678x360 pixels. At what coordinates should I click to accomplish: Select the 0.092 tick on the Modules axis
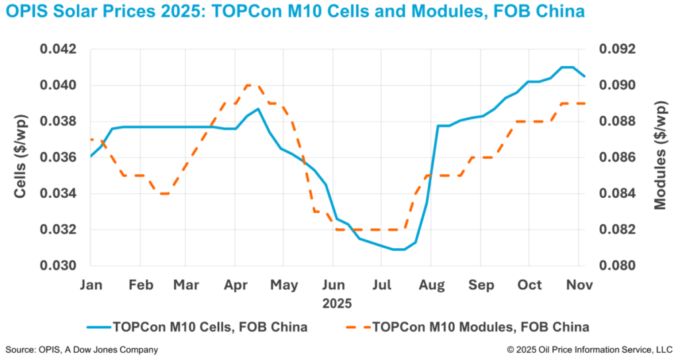pyautogui.click(x=617, y=50)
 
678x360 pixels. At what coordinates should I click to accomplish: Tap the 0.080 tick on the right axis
pyautogui.click(x=617, y=266)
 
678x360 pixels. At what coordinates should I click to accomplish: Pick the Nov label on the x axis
pyautogui.click(x=581, y=285)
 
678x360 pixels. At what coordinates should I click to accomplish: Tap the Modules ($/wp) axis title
pyautogui.click(x=659, y=157)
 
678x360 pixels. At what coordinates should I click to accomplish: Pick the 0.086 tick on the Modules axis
pyautogui.click(x=617, y=157)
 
